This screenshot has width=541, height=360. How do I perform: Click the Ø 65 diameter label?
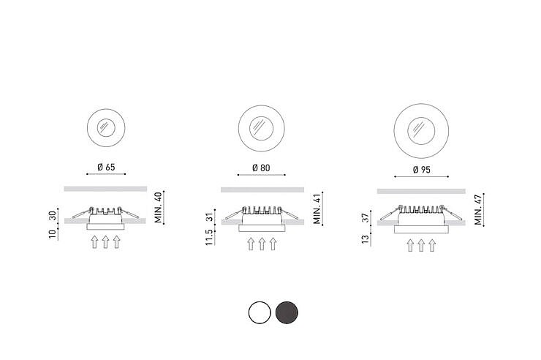tap(106, 168)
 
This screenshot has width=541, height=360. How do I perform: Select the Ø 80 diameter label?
tap(261, 168)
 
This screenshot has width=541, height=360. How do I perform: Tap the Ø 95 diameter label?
tap(422, 170)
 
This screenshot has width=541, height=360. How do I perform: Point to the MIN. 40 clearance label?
tap(158, 208)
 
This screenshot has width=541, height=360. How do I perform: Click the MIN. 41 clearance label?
tap(317, 209)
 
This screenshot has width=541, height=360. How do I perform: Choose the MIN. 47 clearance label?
tap(478, 209)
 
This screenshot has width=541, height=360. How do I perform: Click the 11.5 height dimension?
tap(209, 237)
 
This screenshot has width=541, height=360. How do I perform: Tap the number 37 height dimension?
tap(366, 218)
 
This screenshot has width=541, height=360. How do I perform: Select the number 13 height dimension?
tap(366, 239)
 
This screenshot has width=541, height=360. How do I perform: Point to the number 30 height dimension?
tap(53, 216)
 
